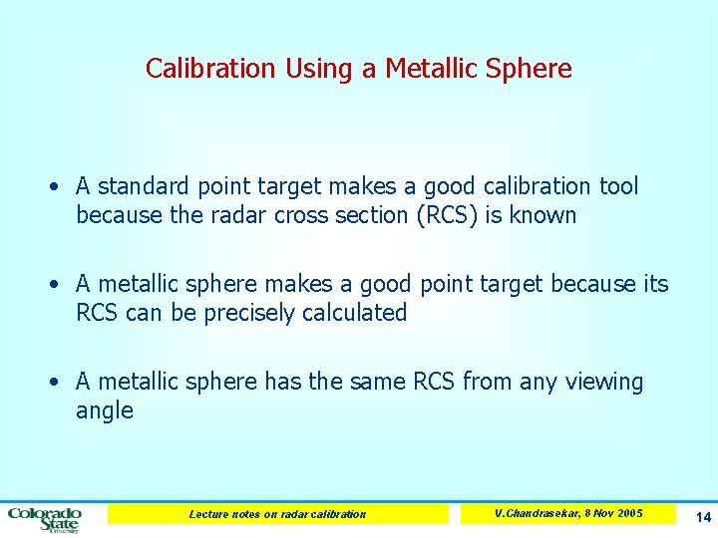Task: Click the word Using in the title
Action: coord(316,69)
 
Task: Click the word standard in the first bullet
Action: coord(143,186)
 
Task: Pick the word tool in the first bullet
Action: coord(618,186)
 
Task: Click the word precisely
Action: coord(250,313)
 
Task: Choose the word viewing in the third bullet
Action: coord(604,383)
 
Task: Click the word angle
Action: coord(104,411)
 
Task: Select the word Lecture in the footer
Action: coord(209,514)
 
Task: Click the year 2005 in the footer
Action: coord(629,513)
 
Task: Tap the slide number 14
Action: coord(703,517)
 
